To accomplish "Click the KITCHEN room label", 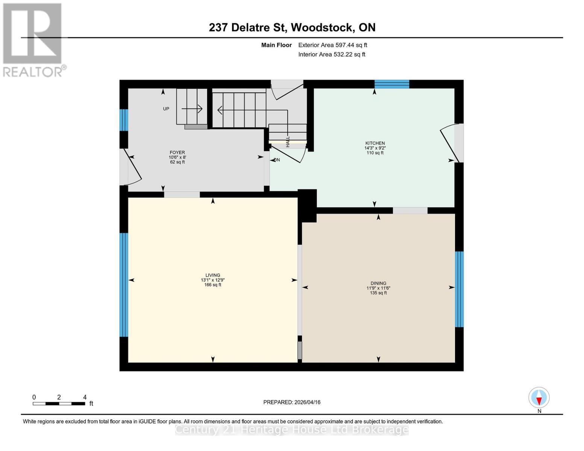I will pos(375,143).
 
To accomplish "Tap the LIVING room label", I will pos(212,275).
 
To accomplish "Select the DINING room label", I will pos(378,283).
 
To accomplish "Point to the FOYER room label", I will pos(177,153).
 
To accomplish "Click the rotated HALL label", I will pos(288,142).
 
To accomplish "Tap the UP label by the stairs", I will pos(166,109).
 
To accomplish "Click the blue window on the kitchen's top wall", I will pos(391,84).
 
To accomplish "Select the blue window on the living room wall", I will pos(124,285).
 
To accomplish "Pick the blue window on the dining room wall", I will pos(459,289).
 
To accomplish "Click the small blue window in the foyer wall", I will pos(124,120).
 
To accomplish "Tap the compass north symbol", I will pos(539,398).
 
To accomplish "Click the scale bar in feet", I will pos(59,404).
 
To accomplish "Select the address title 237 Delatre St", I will pos(292,27).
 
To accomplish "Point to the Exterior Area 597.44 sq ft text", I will pos(332,45).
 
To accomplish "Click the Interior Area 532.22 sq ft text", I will pos(332,54).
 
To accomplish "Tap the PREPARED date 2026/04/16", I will pos(292,402).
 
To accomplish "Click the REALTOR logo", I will pos(33,40).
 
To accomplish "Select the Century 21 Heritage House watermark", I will pos(292,430).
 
